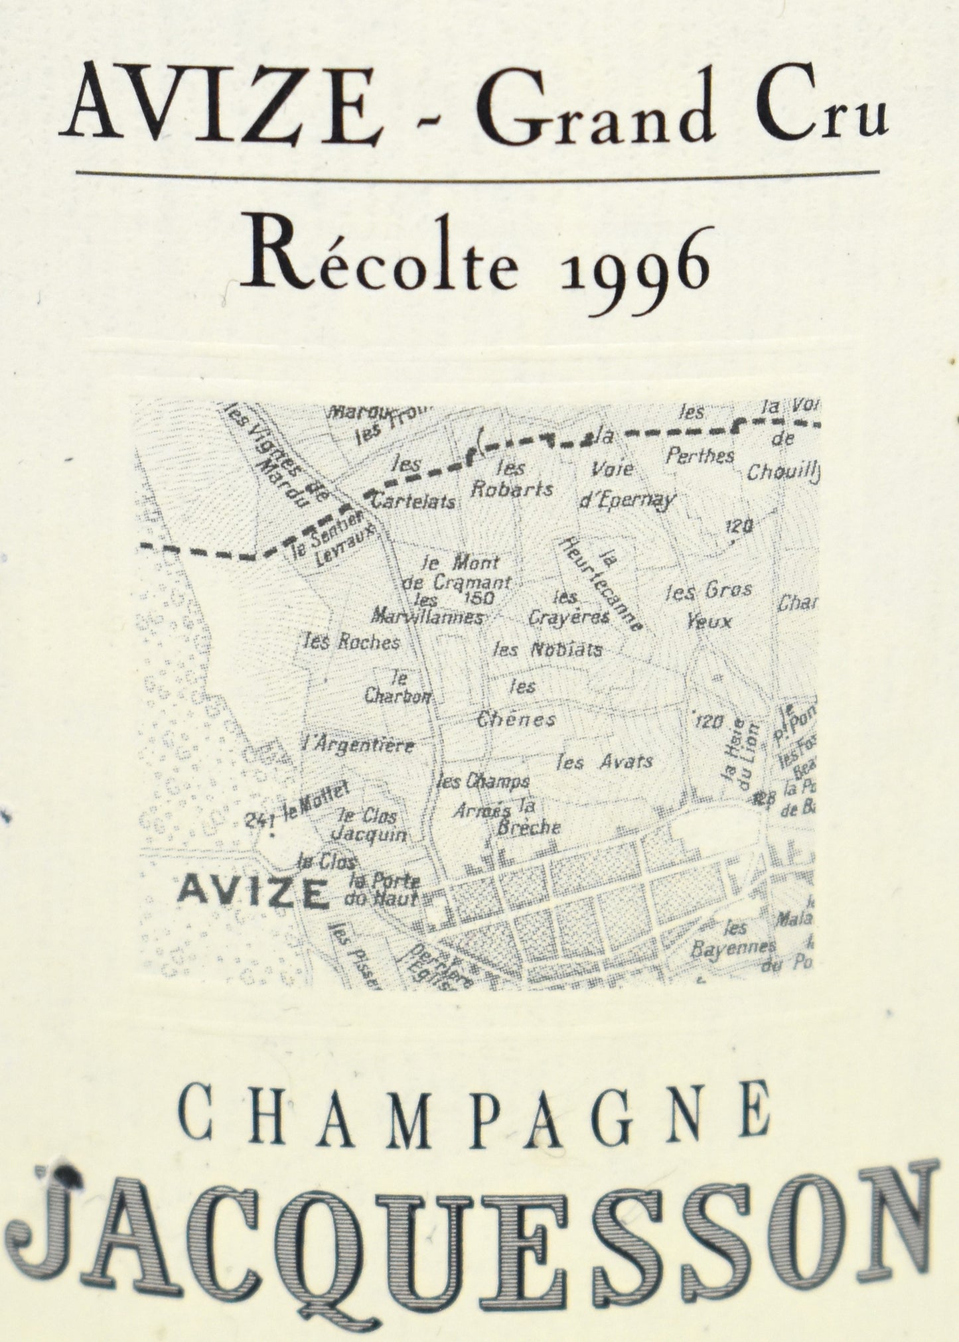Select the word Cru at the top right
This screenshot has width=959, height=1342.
point(822,109)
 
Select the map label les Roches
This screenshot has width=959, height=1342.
point(350,641)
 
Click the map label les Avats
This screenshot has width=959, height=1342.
point(605,762)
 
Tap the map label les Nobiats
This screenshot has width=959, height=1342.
point(548,649)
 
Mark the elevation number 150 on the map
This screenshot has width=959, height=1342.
point(480,599)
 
